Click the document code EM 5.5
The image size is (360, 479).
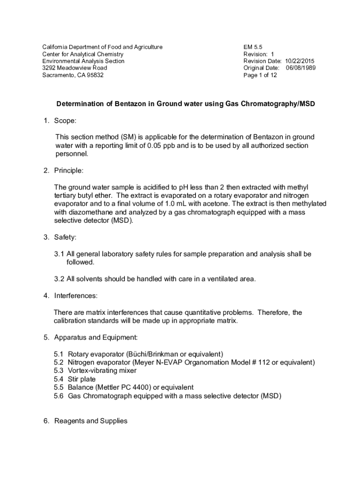coord(253,47)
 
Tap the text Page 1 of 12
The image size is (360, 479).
coord(260,75)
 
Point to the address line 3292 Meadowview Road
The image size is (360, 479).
coord(74,68)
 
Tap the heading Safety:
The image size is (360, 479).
coord(65,237)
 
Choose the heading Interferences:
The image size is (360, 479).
coord(76,296)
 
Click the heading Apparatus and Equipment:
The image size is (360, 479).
coord(96,337)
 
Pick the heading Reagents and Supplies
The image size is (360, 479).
coord(91,421)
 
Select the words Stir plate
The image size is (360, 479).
coord(82,379)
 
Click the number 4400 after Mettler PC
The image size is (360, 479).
coord(130,387)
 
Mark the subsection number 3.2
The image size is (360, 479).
coord(58,279)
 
